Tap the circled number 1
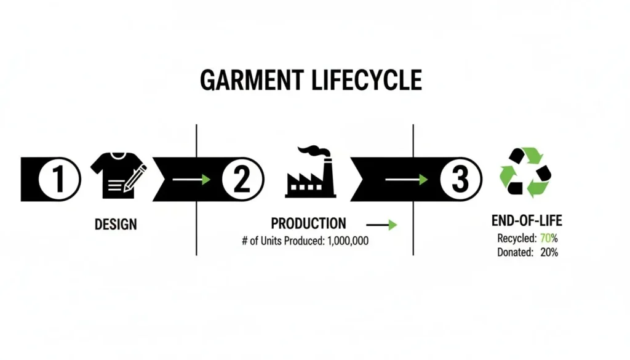click(58, 180)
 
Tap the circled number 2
click(242, 180)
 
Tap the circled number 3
click(460, 180)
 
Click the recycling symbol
click(525, 172)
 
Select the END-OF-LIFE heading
click(527, 221)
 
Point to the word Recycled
click(515, 238)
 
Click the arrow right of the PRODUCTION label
click(381, 225)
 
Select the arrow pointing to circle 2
click(191, 180)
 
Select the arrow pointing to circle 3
click(406, 180)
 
